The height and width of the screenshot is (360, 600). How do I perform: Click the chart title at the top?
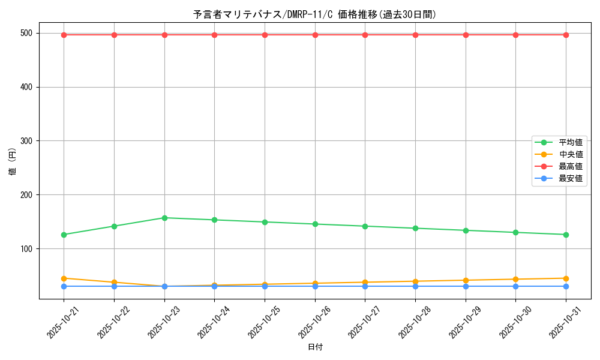click(x=314, y=14)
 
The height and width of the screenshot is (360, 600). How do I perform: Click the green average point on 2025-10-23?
click(x=164, y=218)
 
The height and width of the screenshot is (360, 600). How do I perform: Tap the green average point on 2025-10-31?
click(x=566, y=235)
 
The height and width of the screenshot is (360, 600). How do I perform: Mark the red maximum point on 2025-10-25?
click(x=265, y=35)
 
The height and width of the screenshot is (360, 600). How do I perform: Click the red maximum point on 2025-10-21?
click(x=64, y=35)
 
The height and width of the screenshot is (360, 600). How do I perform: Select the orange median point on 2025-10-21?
click(x=64, y=278)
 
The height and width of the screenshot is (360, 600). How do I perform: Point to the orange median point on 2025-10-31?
click(x=566, y=278)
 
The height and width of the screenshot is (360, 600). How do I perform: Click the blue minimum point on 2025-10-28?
click(x=415, y=286)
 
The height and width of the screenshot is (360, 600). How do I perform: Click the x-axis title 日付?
click(x=315, y=347)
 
